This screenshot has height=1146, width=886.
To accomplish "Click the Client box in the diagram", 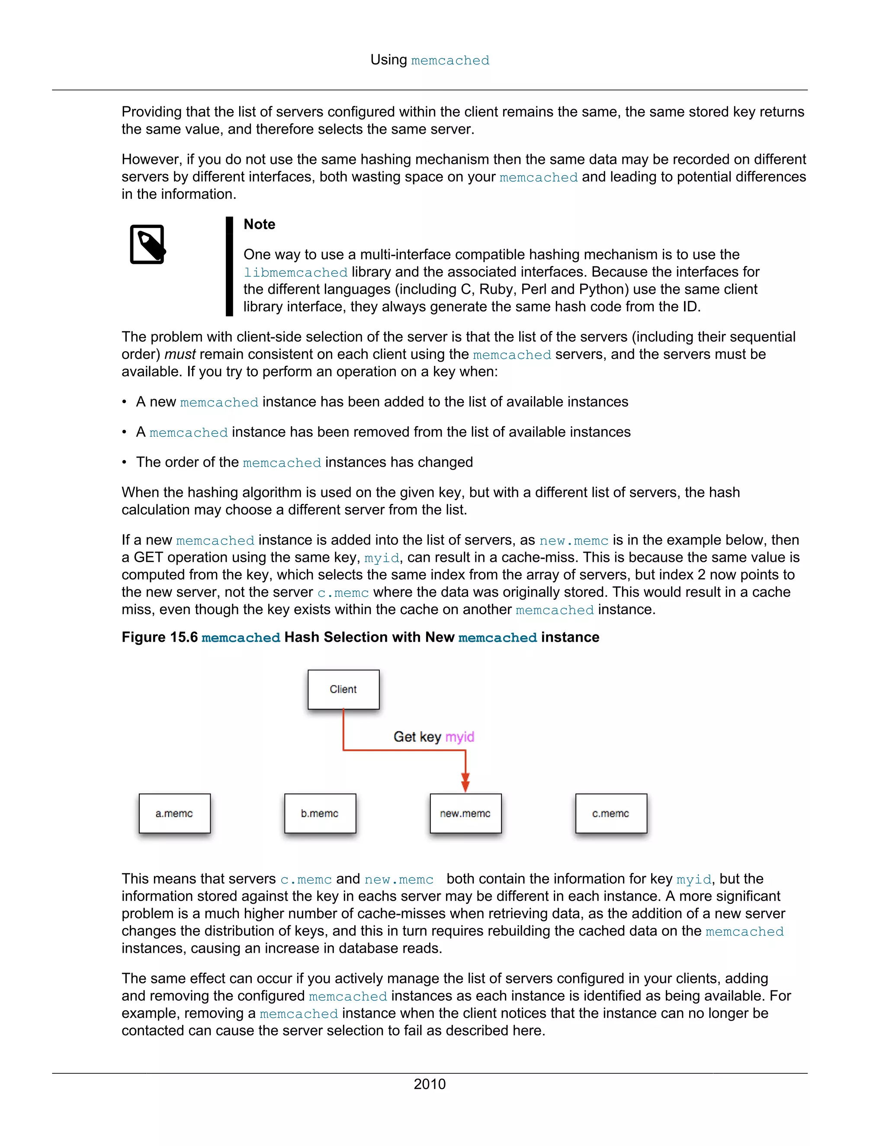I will (x=343, y=689).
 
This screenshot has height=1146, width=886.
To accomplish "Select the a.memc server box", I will (x=174, y=813).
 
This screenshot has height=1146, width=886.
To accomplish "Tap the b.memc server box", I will (x=320, y=813).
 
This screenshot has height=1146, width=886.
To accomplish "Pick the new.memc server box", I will (x=465, y=813).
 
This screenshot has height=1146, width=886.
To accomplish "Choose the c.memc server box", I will (x=610, y=813).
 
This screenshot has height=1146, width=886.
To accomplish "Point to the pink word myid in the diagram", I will (x=459, y=737).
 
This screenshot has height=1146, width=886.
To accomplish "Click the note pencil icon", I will (x=148, y=244).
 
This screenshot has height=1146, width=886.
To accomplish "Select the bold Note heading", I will (x=259, y=224).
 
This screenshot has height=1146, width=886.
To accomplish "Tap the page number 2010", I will (x=429, y=1084).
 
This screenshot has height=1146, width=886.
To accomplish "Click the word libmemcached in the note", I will (x=295, y=272).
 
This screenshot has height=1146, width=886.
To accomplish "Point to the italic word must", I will (x=180, y=354).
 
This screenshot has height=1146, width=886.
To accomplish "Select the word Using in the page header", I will (x=388, y=60).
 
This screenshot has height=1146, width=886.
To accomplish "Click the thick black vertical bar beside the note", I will (x=229, y=266).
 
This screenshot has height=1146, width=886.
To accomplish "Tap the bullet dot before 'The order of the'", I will (x=125, y=462).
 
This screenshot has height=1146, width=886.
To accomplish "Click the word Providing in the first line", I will (x=152, y=112).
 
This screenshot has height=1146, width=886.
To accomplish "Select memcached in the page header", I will (x=450, y=61).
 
